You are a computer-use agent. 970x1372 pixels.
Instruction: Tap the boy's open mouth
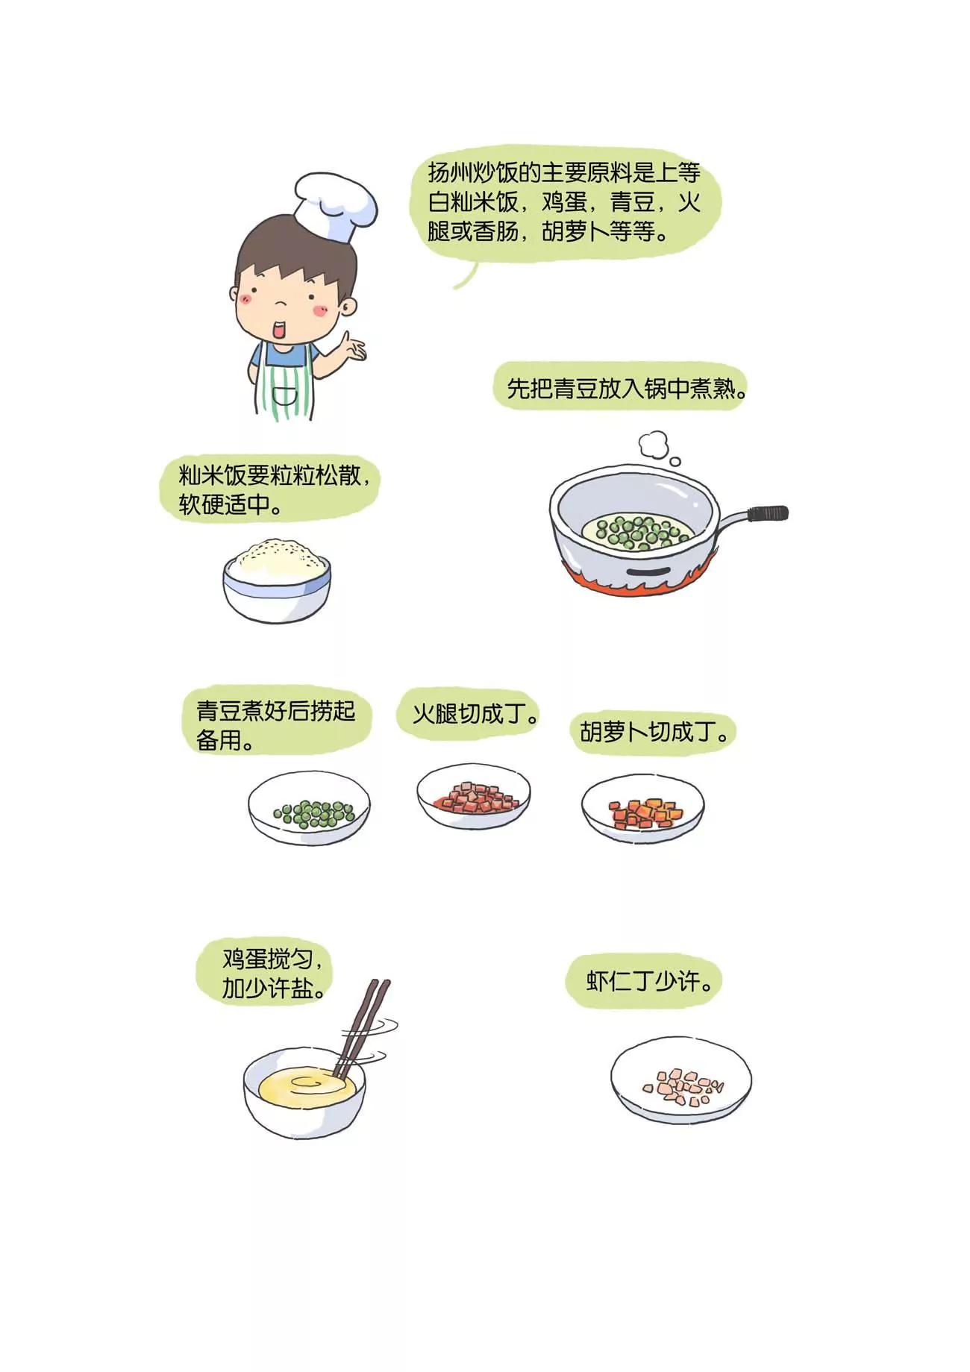[x=281, y=329]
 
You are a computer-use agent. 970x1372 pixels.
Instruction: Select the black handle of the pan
[x=769, y=513]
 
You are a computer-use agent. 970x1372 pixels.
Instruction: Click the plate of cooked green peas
[x=309, y=808]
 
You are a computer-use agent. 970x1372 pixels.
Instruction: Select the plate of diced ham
[x=474, y=796]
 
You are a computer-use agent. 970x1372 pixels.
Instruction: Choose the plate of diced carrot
[x=642, y=808]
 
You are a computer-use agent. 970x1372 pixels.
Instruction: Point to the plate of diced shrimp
[x=681, y=1080]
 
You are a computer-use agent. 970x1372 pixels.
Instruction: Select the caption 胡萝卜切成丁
[x=654, y=731]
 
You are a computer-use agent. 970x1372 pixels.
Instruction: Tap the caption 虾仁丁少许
[x=650, y=980]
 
